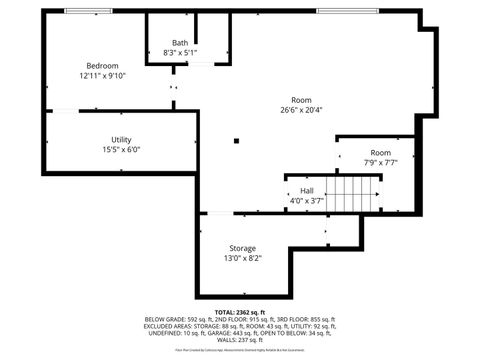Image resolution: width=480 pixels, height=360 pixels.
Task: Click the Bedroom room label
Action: pyautogui.click(x=102, y=65)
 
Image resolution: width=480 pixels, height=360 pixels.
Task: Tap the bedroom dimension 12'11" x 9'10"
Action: pyautogui.click(x=102, y=75)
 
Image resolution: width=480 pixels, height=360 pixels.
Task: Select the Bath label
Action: pyautogui.click(x=180, y=43)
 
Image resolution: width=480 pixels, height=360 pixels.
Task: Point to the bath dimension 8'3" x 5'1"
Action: pyautogui.click(x=180, y=53)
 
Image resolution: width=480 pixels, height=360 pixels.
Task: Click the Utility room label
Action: pyautogui.click(x=121, y=140)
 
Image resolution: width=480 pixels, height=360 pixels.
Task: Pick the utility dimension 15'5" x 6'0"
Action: pyautogui.click(x=121, y=150)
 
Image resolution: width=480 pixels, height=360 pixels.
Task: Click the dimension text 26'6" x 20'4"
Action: pyautogui.click(x=301, y=110)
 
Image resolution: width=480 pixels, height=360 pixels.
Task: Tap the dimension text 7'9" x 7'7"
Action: pyautogui.click(x=353, y=162)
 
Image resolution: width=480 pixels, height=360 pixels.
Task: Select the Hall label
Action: pyautogui.click(x=307, y=190)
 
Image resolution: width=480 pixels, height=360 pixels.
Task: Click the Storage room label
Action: pyautogui.click(x=242, y=248)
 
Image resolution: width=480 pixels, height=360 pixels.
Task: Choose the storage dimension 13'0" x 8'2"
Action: pyautogui.click(x=242, y=258)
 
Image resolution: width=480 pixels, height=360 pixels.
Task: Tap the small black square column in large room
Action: pyautogui.click(x=237, y=141)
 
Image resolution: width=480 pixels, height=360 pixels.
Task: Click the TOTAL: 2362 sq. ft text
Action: pyautogui.click(x=241, y=310)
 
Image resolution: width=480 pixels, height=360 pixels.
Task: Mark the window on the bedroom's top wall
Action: pyautogui.click(x=88, y=11)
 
